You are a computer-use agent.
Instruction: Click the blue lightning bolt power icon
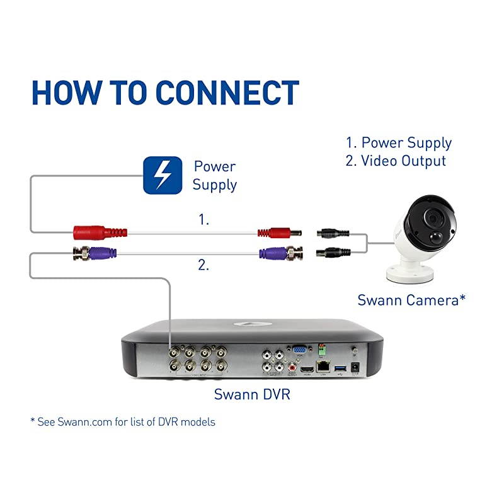pyautogui.click(x=163, y=175)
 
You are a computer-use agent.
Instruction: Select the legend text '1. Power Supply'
pyautogui.click(x=398, y=143)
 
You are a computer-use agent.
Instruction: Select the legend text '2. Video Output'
pyautogui.click(x=396, y=161)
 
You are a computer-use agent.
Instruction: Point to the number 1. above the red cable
pyautogui.click(x=203, y=220)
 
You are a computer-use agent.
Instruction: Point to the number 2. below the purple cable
pyautogui.click(x=203, y=265)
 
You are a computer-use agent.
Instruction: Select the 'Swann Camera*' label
pyautogui.click(x=411, y=300)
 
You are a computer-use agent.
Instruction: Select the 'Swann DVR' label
pyautogui.click(x=252, y=395)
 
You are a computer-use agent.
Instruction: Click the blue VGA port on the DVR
pyautogui.click(x=300, y=350)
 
